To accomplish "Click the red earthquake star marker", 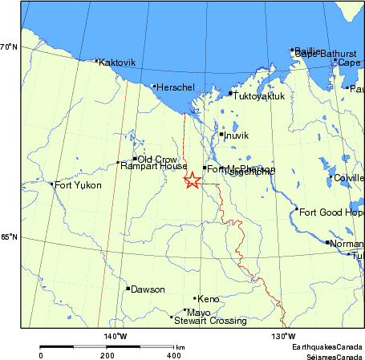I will tap(192, 180).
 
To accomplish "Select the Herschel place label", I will tap(175, 87).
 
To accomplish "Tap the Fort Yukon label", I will tap(78, 185).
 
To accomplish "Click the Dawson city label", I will tap(148, 289).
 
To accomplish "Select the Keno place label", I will tap(208, 298).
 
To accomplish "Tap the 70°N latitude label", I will tap(9, 47).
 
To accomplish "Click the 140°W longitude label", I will tap(117, 335).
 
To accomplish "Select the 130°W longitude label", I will tap(284, 335).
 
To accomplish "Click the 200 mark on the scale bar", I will tap(107, 354).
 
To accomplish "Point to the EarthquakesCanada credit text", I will tap(326, 346).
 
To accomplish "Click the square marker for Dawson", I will tap(128, 289).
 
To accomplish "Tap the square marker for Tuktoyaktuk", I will tap(230, 94).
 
